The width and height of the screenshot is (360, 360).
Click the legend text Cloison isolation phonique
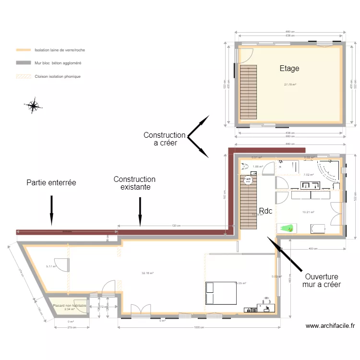[x=58, y=76]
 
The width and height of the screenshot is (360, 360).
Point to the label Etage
[x=289, y=69]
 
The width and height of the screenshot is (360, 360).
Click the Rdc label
[x=265, y=211]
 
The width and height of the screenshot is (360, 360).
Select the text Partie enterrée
[x=51, y=182]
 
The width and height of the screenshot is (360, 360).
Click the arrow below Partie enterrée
[x=52, y=211]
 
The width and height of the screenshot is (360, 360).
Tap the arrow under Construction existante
[x=140, y=211]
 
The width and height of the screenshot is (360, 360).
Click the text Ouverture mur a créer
[x=321, y=281]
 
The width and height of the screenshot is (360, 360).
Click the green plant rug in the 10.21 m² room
[x=287, y=228]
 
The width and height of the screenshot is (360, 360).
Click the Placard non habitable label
[x=69, y=306]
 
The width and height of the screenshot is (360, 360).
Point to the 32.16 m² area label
[x=147, y=273]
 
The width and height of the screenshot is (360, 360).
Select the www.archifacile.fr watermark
[x=330, y=326]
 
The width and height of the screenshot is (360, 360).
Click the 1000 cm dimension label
[x=198, y=327]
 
